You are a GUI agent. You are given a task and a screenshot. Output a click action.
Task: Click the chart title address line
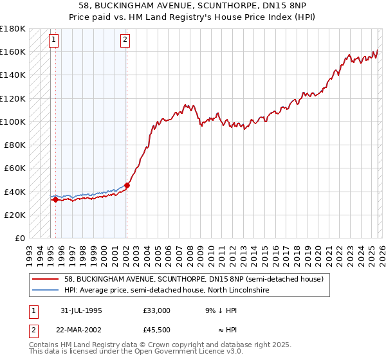[193, 5]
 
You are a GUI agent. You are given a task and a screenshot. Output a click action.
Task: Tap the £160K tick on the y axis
[13, 51]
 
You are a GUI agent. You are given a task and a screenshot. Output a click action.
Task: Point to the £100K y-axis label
[13, 122]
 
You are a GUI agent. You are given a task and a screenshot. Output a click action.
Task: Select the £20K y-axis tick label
[15, 215]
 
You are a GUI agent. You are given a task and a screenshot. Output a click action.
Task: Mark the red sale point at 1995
[55, 199]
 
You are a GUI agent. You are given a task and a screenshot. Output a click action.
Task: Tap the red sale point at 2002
[127, 185]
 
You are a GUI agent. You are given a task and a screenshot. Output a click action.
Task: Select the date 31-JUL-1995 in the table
[82, 310]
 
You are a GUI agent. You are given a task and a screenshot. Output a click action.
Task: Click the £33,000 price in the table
[157, 310]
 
